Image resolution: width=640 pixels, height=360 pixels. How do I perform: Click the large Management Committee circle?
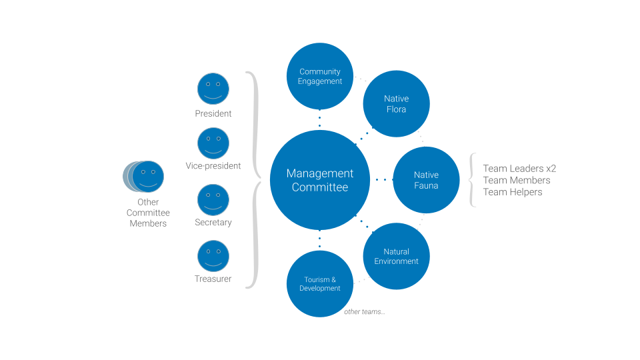pyautogui.click(x=319, y=180)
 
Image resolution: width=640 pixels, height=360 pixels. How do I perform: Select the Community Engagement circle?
pyautogui.click(x=320, y=76)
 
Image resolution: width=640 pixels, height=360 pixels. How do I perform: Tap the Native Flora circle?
pyautogui.click(x=396, y=104)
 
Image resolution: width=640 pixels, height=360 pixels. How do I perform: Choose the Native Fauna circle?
pyautogui.click(x=426, y=180)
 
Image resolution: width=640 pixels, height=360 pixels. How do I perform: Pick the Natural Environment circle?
pyautogui.click(x=396, y=256)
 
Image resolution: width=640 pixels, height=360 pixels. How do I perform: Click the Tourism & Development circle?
pyautogui.click(x=320, y=283)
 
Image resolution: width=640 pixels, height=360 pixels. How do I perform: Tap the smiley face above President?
pyautogui.click(x=213, y=89)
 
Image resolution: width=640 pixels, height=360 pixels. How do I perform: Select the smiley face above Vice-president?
pyautogui.click(x=213, y=143)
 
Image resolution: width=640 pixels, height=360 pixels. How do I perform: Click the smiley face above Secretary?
pyautogui.click(x=213, y=200)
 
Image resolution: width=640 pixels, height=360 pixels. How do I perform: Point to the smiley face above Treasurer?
pyautogui.click(x=213, y=256)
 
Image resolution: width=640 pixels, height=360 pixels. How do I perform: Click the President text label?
pyautogui.click(x=213, y=114)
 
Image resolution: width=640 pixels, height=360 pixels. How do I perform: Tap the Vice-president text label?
pyautogui.click(x=213, y=166)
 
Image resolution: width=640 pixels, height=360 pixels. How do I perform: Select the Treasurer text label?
pyautogui.click(x=213, y=279)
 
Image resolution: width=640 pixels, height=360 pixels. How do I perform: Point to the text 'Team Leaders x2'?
pyautogui.click(x=519, y=169)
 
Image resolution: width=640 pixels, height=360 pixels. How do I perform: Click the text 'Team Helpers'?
pyautogui.click(x=513, y=192)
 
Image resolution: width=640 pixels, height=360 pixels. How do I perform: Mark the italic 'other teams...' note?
pyautogui.click(x=364, y=312)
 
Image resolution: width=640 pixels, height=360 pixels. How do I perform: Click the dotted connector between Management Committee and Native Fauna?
pyautogui.click(x=381, y=179)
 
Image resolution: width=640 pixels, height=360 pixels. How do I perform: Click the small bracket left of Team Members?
pyautogui.click(x=473, y=180)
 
